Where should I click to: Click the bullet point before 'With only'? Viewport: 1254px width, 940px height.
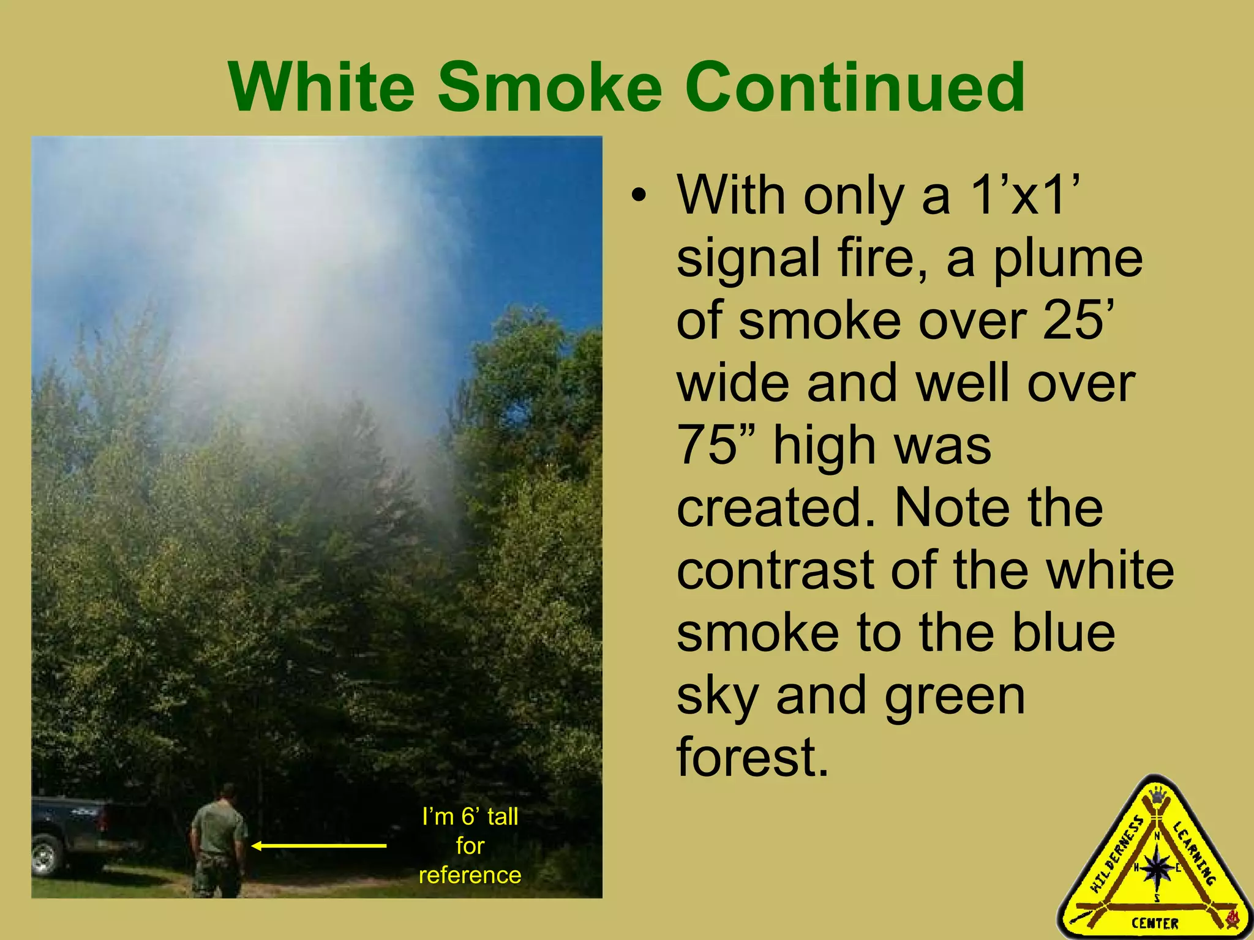coord(639,197)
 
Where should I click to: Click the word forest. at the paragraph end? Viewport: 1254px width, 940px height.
coord(753,758)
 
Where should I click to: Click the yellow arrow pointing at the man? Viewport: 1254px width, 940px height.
coord(318,846)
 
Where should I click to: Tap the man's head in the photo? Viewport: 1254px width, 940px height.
coord(228,793)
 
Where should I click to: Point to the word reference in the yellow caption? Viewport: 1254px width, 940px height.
coord(470,875)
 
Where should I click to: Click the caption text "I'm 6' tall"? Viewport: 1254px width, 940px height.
coord(470,816)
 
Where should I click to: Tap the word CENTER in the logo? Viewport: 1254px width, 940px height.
coord(1154,923)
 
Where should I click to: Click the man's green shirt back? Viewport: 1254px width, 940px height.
coord(219,829)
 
